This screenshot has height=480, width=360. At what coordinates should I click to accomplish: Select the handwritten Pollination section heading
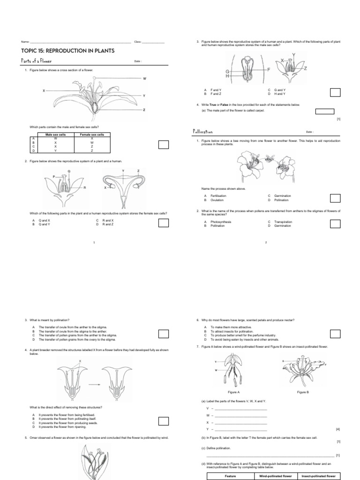(x=203, y=132)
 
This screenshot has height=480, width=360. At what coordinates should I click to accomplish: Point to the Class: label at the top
(x=138, y=42)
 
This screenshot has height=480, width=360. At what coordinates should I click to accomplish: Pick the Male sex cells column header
(x=55, y=135)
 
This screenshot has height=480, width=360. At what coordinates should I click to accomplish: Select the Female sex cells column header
(x=92, y=135)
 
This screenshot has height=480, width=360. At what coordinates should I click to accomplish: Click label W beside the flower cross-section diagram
(x=144, y=79)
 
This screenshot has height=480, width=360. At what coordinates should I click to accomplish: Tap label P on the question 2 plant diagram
(x=54, y=176)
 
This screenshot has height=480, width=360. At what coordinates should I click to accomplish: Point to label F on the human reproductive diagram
(x=269, y=69)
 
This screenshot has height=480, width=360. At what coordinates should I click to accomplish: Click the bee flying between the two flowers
(x=269, y=159)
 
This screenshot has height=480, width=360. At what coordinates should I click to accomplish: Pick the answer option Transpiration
(x=283, y=222)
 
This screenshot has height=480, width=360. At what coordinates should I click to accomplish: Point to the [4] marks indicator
(x=338, y=429)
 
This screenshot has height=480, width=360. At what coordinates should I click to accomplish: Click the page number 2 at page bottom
(x=266, y=242)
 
